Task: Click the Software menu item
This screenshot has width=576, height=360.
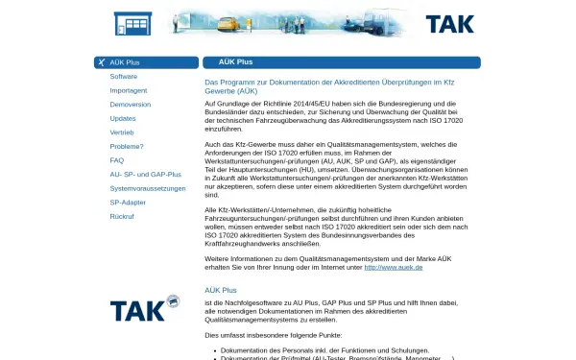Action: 123,76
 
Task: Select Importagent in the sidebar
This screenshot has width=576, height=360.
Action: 129,90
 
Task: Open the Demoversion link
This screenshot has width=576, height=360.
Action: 130,104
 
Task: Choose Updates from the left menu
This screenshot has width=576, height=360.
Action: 123,118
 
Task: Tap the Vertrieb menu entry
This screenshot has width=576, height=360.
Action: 122,132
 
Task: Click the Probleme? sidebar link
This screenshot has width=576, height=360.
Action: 127,146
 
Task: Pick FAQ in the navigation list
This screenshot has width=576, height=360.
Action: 117,160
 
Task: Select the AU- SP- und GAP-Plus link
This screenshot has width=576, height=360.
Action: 145,174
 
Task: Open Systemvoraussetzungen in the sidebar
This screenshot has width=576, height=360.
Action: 148,188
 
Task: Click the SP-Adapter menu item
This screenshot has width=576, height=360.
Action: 128,203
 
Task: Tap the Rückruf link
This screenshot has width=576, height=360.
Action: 122,217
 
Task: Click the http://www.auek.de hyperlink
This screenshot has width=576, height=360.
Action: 394,266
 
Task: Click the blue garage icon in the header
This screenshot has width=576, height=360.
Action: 132,23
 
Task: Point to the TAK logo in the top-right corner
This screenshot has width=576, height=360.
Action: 449,23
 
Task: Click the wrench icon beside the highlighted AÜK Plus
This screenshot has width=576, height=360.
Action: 102,62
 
